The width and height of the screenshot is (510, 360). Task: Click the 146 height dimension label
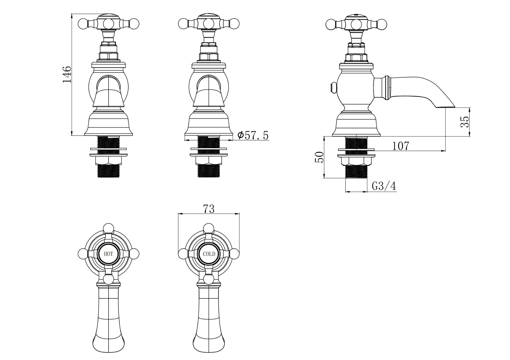pos(67,74)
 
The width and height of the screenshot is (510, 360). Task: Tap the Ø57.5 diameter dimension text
pos(253,135)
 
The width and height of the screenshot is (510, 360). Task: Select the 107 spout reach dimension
pos(400,146)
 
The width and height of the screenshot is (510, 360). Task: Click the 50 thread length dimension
pos(319,157)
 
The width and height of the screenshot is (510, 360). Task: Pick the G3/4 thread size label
pos(384,186)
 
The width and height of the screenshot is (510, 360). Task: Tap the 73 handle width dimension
pos(209,209)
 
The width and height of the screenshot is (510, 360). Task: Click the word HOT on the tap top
pos(108,254)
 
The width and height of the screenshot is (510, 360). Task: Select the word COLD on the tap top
pos(209,254)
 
